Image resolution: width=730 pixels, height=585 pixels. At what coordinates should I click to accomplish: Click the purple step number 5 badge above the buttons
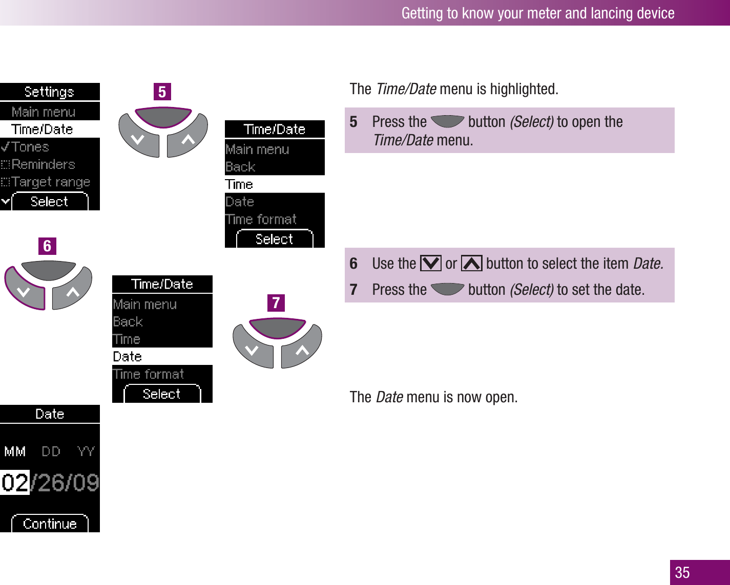(x=162, y=92)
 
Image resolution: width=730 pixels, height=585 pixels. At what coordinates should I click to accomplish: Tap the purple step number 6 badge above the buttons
(x=47, y=246)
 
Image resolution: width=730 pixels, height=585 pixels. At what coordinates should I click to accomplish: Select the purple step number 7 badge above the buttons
(x=276, y=303)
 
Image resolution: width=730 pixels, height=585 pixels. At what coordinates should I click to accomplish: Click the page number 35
(x=682, y=572)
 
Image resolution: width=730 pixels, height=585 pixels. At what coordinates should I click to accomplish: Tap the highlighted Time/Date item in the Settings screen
(x=43, y=129)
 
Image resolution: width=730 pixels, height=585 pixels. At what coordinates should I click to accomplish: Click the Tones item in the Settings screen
(x=30, y=147)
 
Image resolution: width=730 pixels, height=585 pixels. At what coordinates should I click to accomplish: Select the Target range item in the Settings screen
(x=50, y=182)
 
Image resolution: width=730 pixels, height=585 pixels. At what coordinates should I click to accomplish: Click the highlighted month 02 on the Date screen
(x=15, y=483)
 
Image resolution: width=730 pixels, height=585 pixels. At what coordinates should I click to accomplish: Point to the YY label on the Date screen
(x=86, y=451)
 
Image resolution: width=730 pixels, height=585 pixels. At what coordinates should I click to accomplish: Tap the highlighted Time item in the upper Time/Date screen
(x=239, y=184)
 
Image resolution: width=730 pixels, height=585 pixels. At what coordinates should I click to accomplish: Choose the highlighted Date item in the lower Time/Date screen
(x=128, y=357)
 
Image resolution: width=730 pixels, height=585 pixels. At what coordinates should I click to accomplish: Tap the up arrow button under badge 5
(x=187, y=138)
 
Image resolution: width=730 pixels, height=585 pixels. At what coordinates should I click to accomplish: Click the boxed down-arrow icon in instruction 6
(x=430, y=264)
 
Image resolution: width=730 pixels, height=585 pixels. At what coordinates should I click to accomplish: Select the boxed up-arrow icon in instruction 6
(x=471, y=264)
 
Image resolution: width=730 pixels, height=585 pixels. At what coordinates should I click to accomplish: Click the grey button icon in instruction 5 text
(x=447, y=122)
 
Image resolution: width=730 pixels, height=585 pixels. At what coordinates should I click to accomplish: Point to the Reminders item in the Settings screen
(x=43, y=165)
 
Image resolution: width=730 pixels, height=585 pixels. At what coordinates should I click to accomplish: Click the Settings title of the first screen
(x=49, y=92)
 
